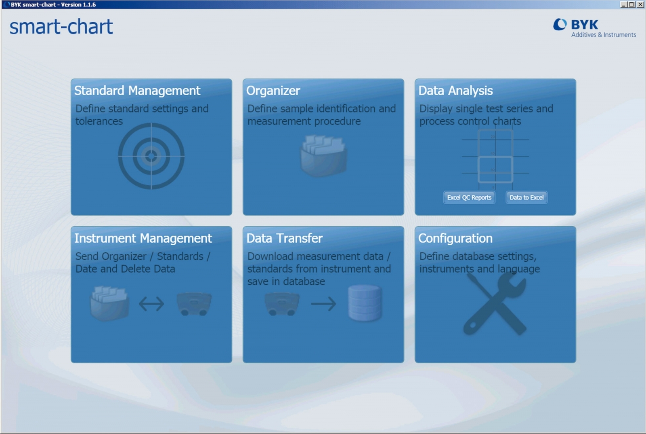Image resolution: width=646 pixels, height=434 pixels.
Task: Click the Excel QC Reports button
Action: click(469, 197)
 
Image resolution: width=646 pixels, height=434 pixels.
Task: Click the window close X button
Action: click(640, 4)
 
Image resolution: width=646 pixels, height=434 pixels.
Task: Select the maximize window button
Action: click(631, 4)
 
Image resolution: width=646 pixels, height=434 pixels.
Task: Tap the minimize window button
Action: click(623, 4)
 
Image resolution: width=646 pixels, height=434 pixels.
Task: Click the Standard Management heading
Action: click(137, 91)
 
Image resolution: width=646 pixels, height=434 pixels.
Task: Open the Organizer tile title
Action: click(273, 91)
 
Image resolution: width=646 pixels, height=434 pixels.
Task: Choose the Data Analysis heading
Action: click(455, 91)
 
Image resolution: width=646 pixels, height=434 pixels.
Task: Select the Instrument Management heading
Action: click(143, 238)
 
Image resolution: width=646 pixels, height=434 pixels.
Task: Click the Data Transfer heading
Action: click(284, 238)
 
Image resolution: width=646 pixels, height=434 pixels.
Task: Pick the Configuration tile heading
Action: click(455, 239)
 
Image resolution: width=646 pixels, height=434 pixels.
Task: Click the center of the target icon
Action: click(151, 156)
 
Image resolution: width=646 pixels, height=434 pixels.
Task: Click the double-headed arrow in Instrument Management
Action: click(151, 304)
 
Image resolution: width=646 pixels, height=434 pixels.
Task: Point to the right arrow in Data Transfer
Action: click(323, 304)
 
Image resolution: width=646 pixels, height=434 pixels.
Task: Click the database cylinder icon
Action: click(365, 303)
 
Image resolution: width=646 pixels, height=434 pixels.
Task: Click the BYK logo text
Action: click(585, 25)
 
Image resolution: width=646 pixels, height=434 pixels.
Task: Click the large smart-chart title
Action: click(61, 27)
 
